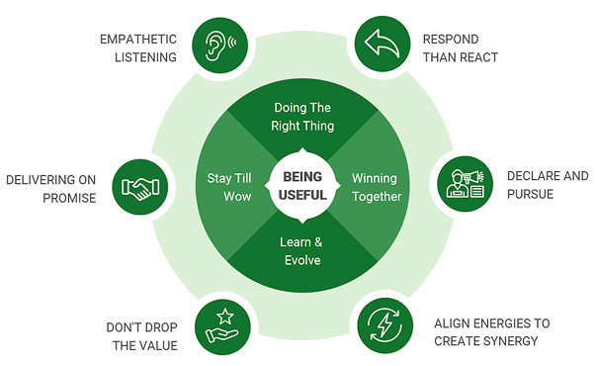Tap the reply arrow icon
[383, 45]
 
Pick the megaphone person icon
[464, 184]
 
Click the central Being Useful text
[301, 183]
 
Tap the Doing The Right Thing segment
[302, 117]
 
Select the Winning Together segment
[376, 187]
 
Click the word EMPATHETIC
[137, 40]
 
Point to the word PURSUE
[530, 194]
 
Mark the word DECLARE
[532, 176]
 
